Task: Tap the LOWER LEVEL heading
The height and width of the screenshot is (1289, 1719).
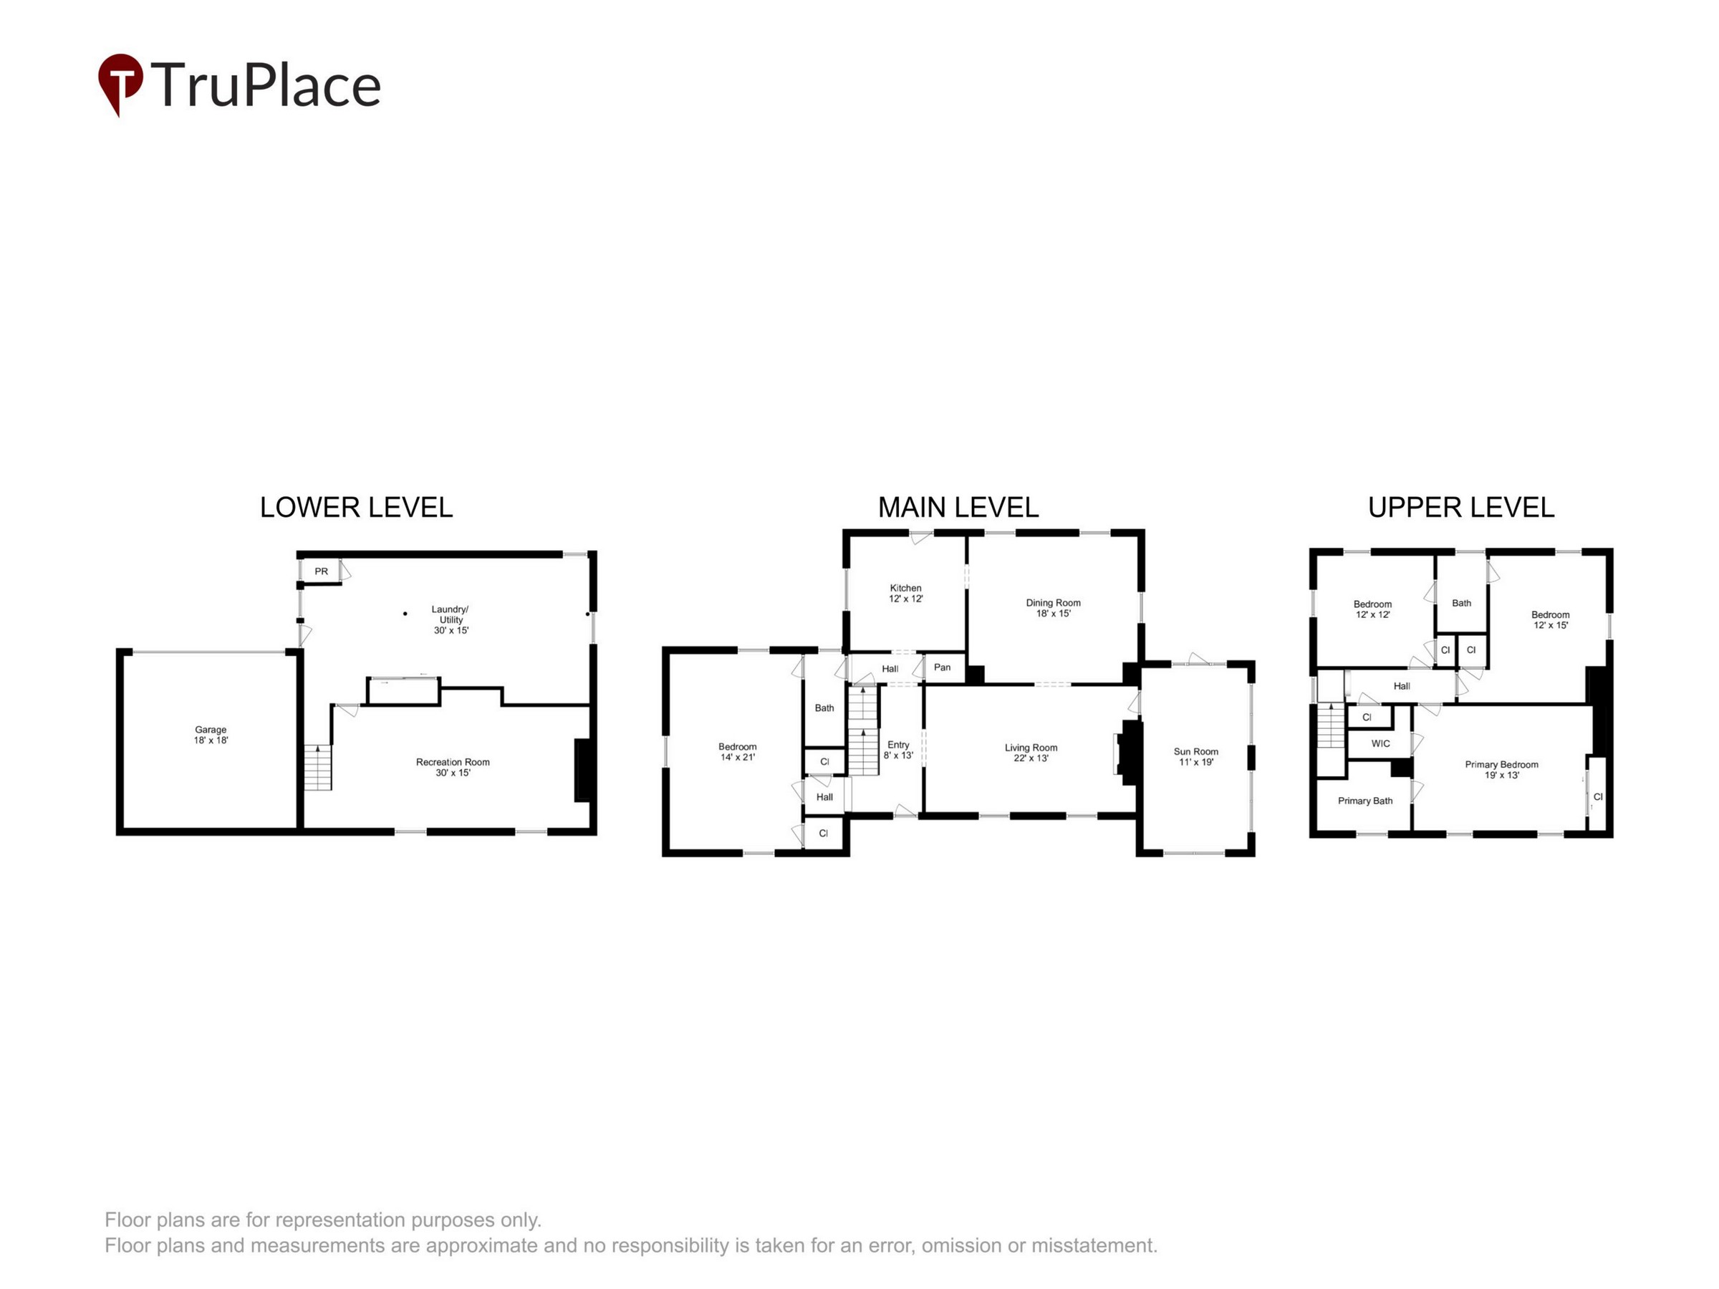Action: pyautogui.click(x=356, y=507)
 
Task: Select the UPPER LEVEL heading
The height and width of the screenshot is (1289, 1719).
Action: pyautogui.click(x=1461, y=507)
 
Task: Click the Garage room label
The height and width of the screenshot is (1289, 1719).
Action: pyautogui.click(x=211, y=730)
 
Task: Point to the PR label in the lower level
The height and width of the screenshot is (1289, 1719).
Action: pyautogui.click(x=321, y=571)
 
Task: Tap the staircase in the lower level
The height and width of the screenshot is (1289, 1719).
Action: pyautogui.click(x=317, y=768)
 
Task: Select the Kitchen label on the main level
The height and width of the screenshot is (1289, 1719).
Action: pyautogui.click(x=905, y=588)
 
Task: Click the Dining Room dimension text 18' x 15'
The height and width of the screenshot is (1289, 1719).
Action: pyautogui.click(x=1053, y=614)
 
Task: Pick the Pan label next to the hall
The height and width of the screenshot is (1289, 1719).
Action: pyautogui.click(x=942, y=667)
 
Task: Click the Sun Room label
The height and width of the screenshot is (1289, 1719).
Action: pyautogui.click(x=1195, y=751)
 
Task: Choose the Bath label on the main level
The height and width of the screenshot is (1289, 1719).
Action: pyautogui.click(x=824, y=708)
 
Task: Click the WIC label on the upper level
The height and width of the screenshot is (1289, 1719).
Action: pyautogui.click(x=1380, y=743)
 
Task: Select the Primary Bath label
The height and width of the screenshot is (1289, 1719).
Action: pyautogui.click(x=1364, y=801)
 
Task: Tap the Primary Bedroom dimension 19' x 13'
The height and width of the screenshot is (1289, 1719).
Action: pyautogui.click(x=1501, y=776)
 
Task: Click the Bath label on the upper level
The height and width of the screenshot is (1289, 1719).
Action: pyautogui.click(x=1461, y=603)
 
